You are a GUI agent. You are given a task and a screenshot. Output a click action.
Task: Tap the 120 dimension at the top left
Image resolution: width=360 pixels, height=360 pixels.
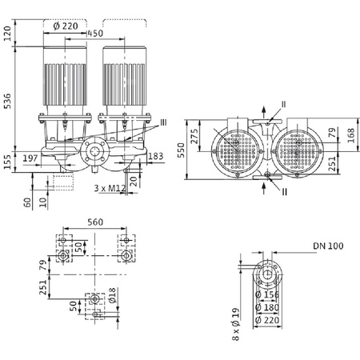click(8, 33)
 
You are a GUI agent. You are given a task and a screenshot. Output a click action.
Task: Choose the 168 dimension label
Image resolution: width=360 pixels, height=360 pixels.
click(350, 133)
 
